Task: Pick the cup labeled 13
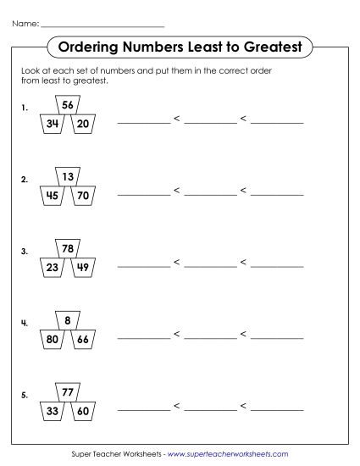pos(69,177)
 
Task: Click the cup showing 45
pos(53,197)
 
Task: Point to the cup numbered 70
pos(82,197)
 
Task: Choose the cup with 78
pos(69,249)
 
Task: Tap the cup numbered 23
pos(53,269)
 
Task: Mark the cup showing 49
pos(82,269)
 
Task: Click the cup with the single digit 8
pos(69,320)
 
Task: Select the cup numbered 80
pos(53,341)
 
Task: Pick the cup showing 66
pos(82,341)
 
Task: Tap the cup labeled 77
pos(69,392)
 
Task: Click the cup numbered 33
pos(53,413)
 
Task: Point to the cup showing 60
pos(82,413)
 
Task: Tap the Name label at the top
pos(25,23)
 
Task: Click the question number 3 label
pos(25,252)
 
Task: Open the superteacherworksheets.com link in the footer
pos(229,455)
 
